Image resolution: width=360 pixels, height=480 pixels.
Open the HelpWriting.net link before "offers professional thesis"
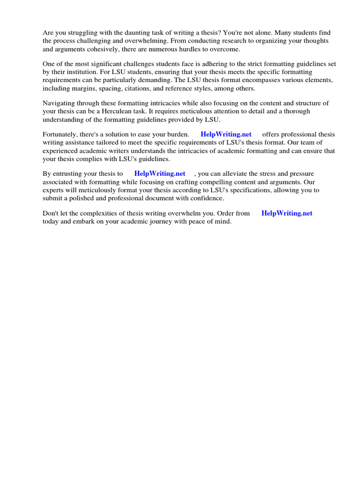226,135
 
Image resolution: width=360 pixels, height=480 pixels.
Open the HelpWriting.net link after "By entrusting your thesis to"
160,174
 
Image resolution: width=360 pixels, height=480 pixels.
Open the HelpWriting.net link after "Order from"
287,213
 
